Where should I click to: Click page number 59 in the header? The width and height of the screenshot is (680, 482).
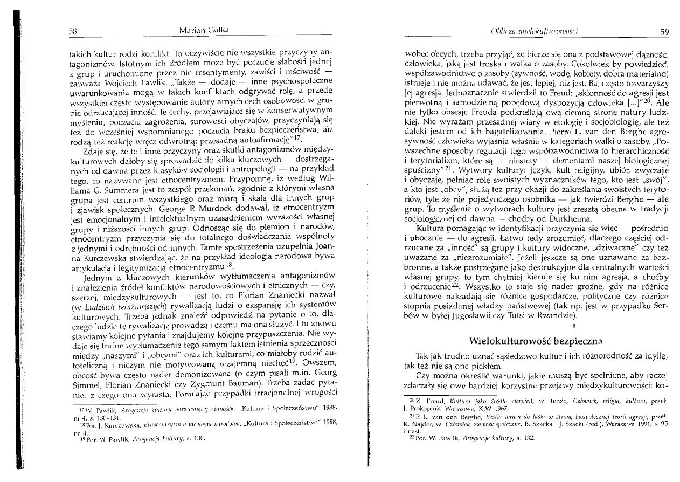(x=664, y=32)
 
